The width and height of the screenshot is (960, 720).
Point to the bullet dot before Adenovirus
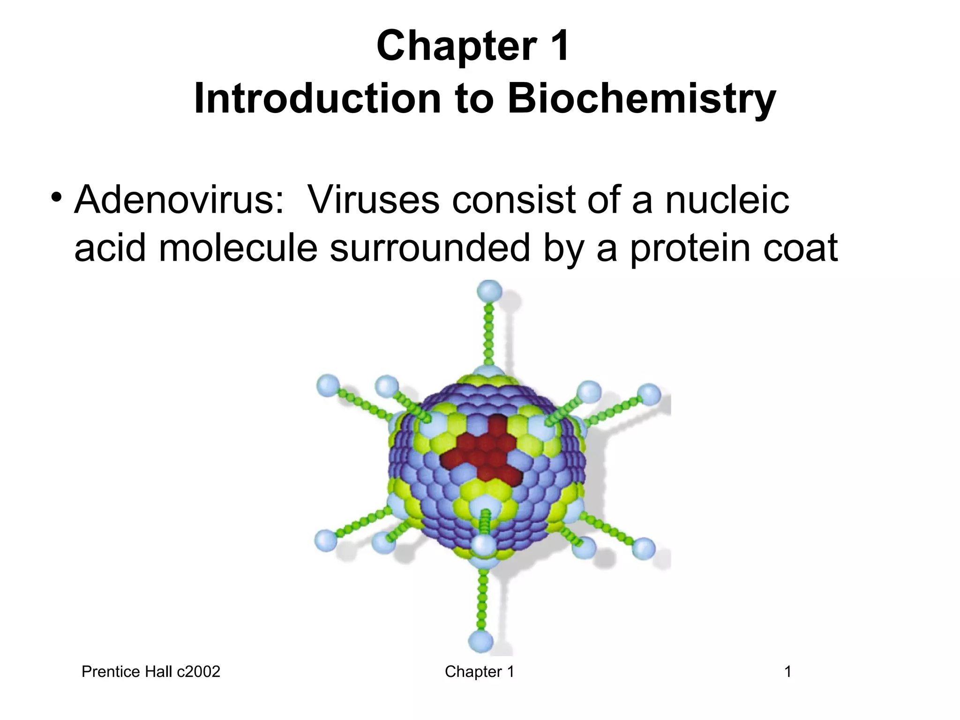coord(57,196)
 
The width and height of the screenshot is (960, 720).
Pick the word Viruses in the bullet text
coord(373,200)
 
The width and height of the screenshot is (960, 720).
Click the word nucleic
coord(727,200)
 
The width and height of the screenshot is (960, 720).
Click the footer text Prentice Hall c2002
coord(151,672)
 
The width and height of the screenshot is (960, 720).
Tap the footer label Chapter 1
coord(480,672)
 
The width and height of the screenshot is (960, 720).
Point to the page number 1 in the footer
coord(788,672)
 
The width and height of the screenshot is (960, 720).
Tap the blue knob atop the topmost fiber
coord(489,291)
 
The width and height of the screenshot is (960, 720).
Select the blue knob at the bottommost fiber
coord(480,640)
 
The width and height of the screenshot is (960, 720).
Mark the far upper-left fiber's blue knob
coord(328,386)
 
